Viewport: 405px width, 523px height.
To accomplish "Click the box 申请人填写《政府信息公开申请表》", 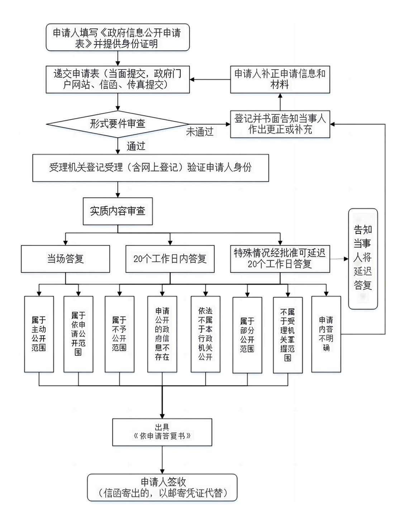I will pos(118,38).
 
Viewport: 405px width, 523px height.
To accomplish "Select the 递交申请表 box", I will pos(118,80).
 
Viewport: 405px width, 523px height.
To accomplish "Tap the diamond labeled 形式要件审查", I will pos(118,124).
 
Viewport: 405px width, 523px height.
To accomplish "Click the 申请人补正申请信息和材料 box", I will pos(280,80).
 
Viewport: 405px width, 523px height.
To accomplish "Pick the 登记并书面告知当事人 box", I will pos(280,124).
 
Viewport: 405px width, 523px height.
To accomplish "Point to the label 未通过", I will pos(200,132).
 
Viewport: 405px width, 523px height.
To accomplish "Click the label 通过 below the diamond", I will pos(136,146).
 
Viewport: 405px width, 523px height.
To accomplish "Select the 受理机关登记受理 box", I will pos(151,168).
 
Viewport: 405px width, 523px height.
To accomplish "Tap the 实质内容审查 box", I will pos(118,211).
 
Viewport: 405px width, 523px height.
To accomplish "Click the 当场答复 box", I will pos(65,259).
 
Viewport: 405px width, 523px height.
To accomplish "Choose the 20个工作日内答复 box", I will pos(170,259).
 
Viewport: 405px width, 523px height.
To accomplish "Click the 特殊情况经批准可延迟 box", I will pos(280,259).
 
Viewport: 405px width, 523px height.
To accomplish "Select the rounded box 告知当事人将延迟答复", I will pos(363,258).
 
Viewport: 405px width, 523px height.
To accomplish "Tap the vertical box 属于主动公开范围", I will pos(39,334).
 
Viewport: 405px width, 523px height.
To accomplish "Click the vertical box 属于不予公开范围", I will pos(119,334).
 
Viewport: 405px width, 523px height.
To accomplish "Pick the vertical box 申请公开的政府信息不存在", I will pos(162,334).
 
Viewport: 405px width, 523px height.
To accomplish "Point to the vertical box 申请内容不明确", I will pos(326,334).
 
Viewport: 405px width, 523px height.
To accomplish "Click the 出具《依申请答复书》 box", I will pos(162,432).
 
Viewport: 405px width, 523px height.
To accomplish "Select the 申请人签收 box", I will pos(162,488).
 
